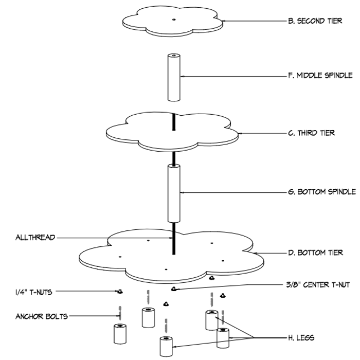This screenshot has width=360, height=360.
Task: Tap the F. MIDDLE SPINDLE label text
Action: coord(319,76)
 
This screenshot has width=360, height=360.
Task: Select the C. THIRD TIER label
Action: coord(311,133)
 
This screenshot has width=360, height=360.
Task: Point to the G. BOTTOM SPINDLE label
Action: coord(321,192)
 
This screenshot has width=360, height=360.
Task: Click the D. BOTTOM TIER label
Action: coord(314,253)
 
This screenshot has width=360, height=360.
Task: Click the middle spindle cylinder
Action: coord(173,77)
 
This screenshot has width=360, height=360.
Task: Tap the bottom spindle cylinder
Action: coord(173,191)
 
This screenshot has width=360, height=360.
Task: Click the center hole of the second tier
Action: coord(173,20)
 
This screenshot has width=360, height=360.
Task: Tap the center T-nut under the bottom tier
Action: coord(173,289)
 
